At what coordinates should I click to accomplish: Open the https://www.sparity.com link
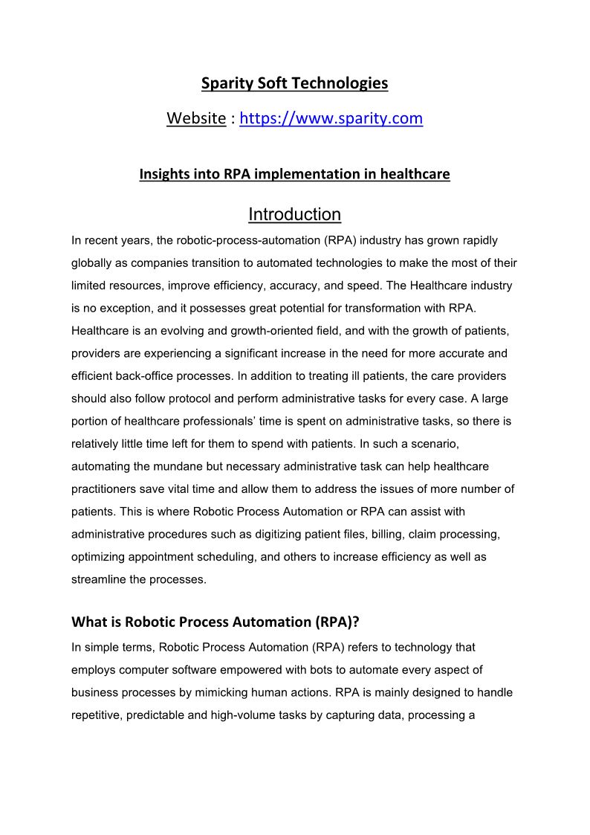(331, 118)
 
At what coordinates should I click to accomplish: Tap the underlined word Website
(196, 118)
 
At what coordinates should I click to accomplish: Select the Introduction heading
(295, 214)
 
